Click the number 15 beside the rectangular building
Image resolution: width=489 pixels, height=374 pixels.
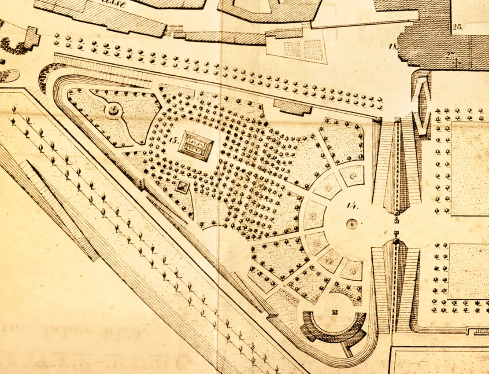(x=172, y=140)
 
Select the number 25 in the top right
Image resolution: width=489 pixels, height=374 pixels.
(x=457, y=26)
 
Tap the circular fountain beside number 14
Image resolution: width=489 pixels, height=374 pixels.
(x=352, y=224)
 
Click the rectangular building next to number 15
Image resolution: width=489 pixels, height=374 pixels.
(x=196, y=146)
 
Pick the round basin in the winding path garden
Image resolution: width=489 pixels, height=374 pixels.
(x=113, y=109)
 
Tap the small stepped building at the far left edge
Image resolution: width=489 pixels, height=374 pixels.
(x=31, y=37)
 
